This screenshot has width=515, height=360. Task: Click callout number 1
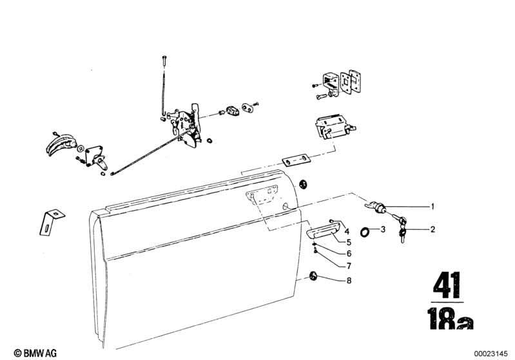pyautogui.click(x=432, y=207)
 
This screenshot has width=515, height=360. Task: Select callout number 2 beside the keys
pyautogui.click(x=432, y=229)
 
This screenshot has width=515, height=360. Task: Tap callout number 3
pyautogui.click(x=383, y=229)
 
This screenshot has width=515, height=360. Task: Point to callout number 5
pyautogui.click(x=349, y=242)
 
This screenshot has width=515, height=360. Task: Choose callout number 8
pyautogui.click(x=349, y=281)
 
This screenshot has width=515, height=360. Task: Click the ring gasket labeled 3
pyautogui.click(x=365, y=232)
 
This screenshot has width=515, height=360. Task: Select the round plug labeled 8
pyautogui.click(x=313, y=276)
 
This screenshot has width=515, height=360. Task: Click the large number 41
pyautogui.click(x=447, y=285)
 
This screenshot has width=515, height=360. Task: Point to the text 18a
pyautogui.click(x=451, y=318)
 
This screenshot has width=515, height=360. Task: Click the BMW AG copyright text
pyautogui.click(x=35, y=353)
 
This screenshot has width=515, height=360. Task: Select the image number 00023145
pyautogui.click(x=491, y=354)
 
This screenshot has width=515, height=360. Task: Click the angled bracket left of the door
pyautogui.click(x=51, y=222)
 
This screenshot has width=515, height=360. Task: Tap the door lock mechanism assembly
pyautogui.click(x=184, y=124)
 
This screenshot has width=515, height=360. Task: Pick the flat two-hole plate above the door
pyautogui.click(x=296, y=160)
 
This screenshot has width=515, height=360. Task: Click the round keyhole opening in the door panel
pyautogui.click(x=286, y=207)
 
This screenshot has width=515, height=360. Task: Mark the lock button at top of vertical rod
pyautogui.click(x=164, y=61)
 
